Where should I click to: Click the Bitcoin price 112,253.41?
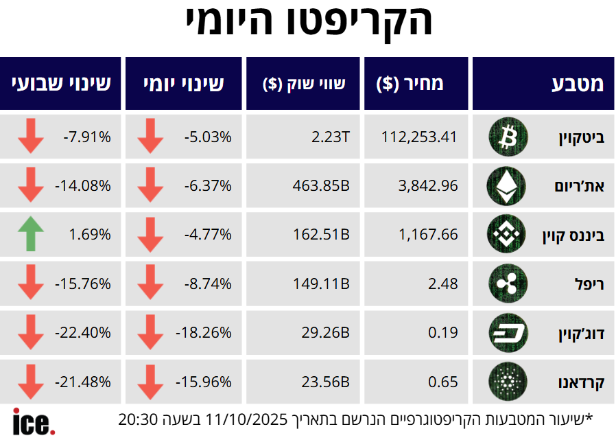point(419,137)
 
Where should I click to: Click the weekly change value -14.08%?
point(82,185)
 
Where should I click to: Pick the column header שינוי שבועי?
point(61,84)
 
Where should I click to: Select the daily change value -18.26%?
point(203,333)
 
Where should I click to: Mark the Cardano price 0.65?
point(443,382)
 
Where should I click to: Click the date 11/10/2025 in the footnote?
point(255,419)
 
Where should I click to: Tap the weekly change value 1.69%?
point(90,235)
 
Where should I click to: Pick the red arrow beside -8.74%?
point(150,283)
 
